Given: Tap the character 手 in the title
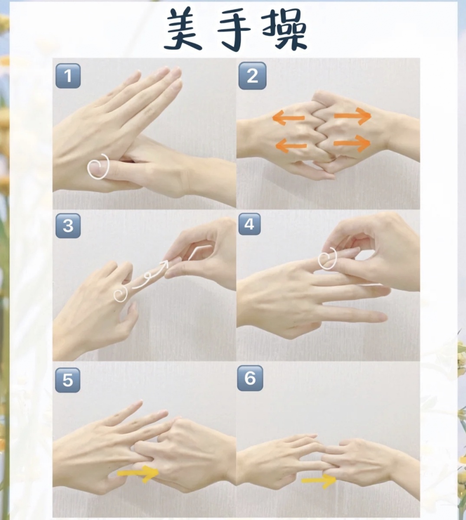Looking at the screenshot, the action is (x=234, y=30).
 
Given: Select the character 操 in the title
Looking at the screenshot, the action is (x=284, y=30).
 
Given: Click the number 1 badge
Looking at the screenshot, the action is (x=68, y=76).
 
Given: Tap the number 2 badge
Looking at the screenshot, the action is (x=252, y=76).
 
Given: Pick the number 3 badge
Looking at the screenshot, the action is (x=68, y=226).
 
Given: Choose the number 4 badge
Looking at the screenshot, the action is (x=249, y=224).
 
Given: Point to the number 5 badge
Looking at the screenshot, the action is (x=68, y=380).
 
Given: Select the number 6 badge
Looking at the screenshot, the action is (x=250, y=378).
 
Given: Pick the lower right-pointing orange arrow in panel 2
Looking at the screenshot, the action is (x=352, y=143).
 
